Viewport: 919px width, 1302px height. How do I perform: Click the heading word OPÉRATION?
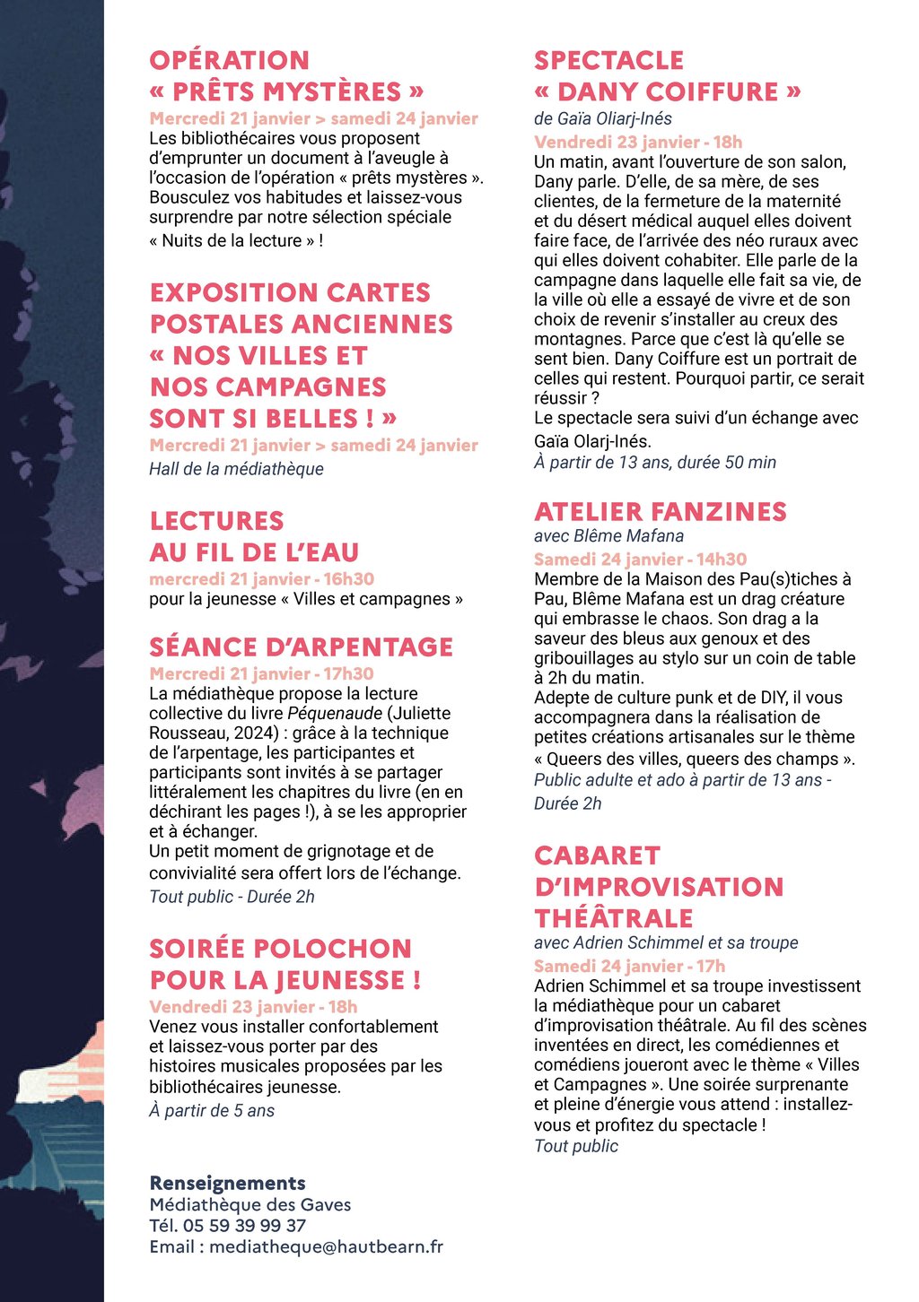(230, 61)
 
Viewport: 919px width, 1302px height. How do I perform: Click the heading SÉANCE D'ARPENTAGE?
(301, 647)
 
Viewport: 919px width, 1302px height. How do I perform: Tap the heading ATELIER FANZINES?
(660, 512)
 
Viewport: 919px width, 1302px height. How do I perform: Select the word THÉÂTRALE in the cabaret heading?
(614, 919)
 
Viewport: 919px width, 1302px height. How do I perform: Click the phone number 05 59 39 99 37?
(244, 1226)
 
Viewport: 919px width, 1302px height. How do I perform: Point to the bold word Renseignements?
(227, 1184)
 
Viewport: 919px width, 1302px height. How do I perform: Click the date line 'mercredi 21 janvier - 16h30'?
(261, 579)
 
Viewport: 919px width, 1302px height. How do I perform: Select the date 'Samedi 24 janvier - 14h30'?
(640, 560)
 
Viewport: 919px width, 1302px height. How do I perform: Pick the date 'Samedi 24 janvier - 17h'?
(629, 967)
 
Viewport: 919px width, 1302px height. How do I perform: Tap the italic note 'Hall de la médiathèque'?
(236, 469)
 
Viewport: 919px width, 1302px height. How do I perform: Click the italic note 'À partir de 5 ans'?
(212, 1111)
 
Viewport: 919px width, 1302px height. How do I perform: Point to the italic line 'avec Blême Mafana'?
(608, 536)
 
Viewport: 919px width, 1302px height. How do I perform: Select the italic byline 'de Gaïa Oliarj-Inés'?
(602, 118)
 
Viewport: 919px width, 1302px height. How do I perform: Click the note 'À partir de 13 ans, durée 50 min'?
(655, 463)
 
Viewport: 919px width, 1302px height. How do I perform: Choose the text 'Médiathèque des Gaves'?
(250, 1205)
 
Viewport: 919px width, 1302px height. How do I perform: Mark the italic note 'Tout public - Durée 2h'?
(232, 897)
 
